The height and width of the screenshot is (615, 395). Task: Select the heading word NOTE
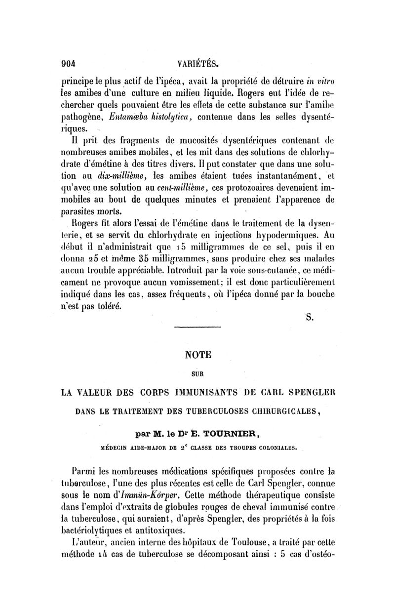coord(197,355)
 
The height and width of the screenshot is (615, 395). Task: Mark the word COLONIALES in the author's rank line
coord(273,449)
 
